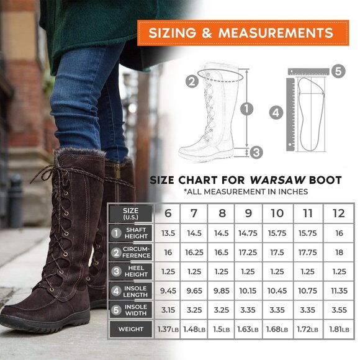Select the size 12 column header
click(338, 213)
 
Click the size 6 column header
click(168, 213)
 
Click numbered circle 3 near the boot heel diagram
click(256, 151)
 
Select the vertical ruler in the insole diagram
click(290, 112)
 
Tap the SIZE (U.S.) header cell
click(131, 213)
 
